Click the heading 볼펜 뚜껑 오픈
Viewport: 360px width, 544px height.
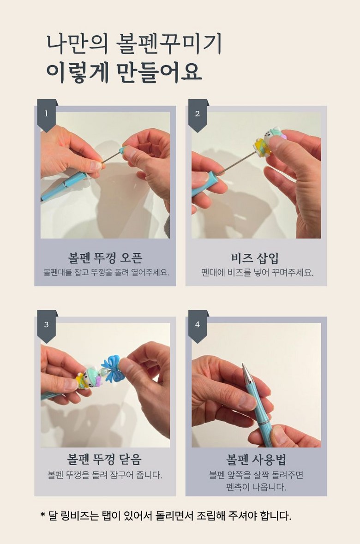click(x=105, y=258)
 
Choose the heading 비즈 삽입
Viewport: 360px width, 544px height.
click(x=255, y=258)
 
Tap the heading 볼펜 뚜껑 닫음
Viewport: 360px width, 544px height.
click(x=104, y=460)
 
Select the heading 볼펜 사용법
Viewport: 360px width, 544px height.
click(x=256, y=460)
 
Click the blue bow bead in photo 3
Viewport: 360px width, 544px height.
click(x=112, y=369)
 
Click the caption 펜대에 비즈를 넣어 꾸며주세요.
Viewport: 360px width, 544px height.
click(x=257, y=273)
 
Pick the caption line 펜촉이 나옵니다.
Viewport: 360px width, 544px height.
click(x=256, y=487)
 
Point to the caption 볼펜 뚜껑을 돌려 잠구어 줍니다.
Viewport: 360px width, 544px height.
click(x=105, y=475)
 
